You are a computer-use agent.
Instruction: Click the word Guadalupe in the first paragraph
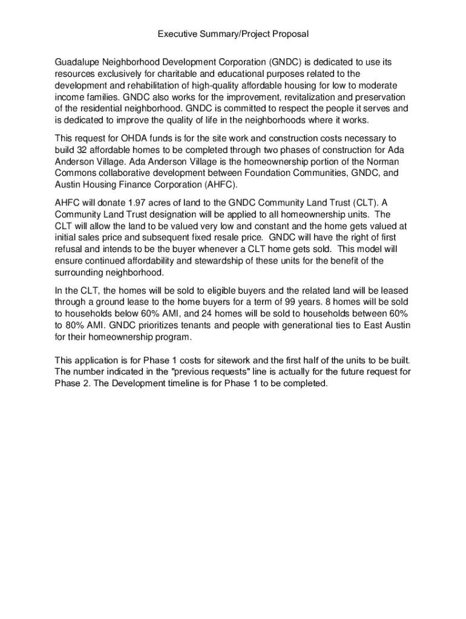77,62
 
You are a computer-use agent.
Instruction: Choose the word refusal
70,249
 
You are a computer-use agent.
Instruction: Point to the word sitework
206,360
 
